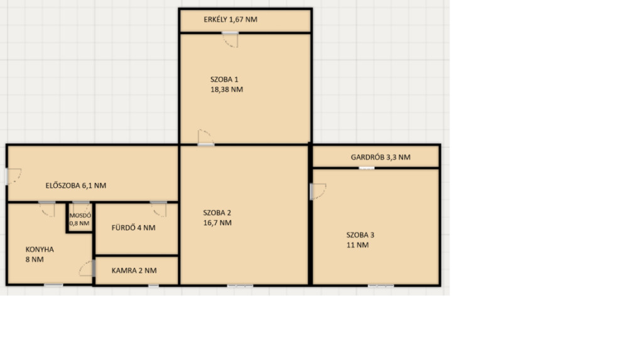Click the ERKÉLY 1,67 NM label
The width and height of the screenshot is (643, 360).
click(230, 19)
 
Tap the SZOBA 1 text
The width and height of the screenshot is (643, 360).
click(224, 79)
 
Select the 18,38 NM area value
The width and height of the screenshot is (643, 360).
click(227, 89)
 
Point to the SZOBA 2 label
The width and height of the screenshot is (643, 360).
click(217, 212)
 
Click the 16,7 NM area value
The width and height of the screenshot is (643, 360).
click(217, 223)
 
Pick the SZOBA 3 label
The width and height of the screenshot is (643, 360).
click(360, 235)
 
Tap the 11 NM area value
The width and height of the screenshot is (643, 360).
click(357, 245)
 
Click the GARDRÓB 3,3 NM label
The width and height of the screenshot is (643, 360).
click(381, 157)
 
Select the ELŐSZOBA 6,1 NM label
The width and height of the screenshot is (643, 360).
click(76, 185)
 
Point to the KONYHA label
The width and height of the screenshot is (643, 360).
click(40, 249)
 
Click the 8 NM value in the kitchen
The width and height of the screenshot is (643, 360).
click(35, 259)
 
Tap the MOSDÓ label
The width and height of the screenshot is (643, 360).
click(80, 215)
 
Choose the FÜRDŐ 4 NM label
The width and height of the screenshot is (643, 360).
click(133, 228)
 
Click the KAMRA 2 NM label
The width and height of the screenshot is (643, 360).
click(134, 271)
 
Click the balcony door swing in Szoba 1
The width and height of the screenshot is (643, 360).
click(230, 40)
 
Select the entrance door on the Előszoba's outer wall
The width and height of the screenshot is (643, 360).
click(13, 176)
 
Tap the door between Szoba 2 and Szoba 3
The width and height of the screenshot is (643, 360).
click(318, 191)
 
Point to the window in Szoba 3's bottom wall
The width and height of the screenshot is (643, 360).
click(381, 285)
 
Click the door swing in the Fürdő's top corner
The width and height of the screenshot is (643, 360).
click(159, 209)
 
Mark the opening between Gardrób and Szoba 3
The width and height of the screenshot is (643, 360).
click(367, 168)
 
